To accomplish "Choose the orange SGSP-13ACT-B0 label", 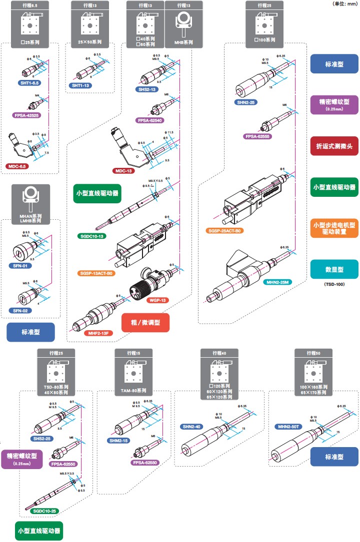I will coord(96,273).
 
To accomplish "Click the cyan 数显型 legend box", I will coord(333,269).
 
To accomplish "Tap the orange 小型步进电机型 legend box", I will coord(333,228).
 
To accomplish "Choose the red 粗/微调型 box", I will coord(146,323).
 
